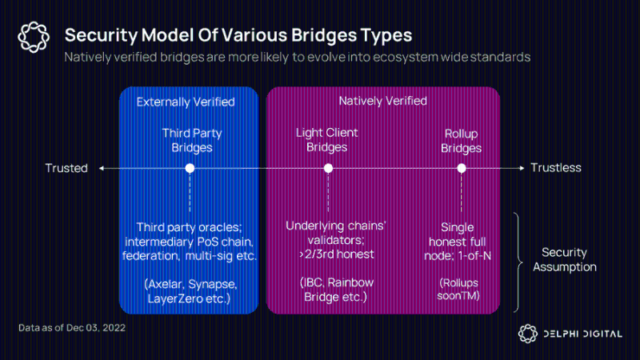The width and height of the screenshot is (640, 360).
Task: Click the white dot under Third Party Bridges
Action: pos(190,168)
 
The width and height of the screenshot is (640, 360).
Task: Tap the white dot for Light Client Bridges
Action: pos(328,168)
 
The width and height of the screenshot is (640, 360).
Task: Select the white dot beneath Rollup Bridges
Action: pos(462,168)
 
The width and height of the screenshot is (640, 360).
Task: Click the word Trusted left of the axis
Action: pos(66,168)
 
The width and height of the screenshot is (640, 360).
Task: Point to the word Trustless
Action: pos(556,168)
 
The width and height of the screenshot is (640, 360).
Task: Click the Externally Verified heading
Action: pos(186,102)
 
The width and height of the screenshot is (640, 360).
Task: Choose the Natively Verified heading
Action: pos(383,101)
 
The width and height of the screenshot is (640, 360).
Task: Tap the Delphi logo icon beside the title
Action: pos(34,37)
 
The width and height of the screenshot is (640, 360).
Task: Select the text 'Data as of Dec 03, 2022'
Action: pos(72,328)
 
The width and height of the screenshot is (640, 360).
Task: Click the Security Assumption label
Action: pos(565,259)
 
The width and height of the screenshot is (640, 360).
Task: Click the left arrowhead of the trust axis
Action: pos(102,168)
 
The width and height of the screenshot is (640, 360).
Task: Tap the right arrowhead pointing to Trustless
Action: pos(522,168)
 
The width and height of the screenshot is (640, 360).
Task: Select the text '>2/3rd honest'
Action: pos(336,254)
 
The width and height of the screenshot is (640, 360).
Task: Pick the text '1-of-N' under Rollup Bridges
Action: pos(474,256)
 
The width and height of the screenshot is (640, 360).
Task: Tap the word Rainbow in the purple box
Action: pos(350,282)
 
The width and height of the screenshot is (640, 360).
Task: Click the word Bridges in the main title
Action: pos(324,35)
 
